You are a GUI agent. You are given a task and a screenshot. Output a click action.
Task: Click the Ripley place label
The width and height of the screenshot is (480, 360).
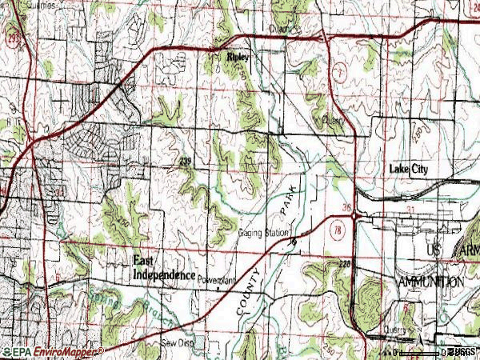point(238,58)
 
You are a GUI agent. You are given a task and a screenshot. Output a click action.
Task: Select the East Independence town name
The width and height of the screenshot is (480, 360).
point(163,268)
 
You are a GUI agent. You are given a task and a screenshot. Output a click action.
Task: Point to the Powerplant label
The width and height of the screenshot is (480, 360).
point(218,281)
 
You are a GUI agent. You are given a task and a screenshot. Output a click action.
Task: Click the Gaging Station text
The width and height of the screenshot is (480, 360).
point(263,233)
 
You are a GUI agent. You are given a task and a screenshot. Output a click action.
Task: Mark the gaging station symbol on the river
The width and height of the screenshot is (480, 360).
point(293,240)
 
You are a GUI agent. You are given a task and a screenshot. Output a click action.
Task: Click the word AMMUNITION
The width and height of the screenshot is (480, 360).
point(430,282)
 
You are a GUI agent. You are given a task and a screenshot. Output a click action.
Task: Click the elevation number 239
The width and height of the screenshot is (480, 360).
point(185,162)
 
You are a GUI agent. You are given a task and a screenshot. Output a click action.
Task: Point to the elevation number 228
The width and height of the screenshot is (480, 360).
point(345,262)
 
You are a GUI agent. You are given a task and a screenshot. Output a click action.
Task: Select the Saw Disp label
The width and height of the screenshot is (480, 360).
point(177,342)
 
